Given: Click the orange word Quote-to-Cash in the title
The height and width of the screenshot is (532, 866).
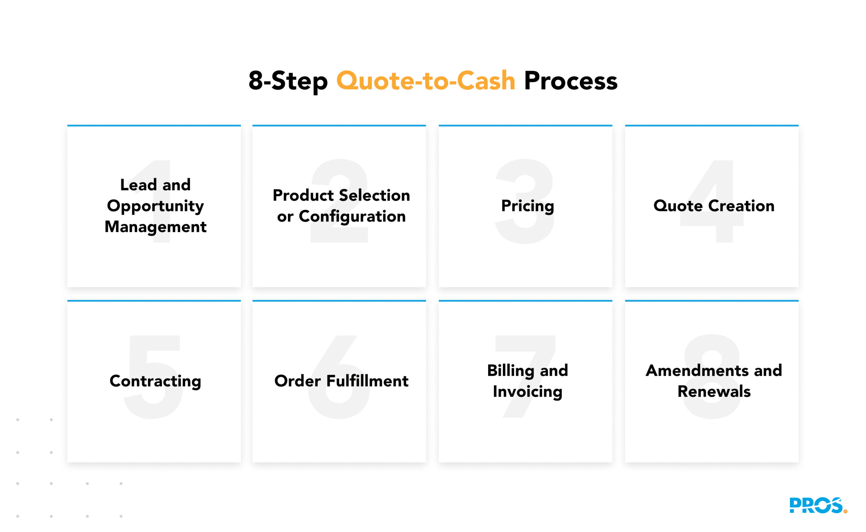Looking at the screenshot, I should click(426, 81).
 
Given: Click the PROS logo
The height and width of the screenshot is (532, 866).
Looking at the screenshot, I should click(817, 505).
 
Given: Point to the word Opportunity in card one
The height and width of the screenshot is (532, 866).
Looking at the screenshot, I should click(155, 206).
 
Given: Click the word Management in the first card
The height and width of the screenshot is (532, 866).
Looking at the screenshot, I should click(155, 227).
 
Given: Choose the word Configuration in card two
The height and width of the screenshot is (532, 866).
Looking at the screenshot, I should click(352, 217).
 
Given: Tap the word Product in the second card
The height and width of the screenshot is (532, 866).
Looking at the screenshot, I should click(303, 195).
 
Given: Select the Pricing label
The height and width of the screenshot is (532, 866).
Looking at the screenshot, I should click(527, 206).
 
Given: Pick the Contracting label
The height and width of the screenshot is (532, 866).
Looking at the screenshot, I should click(155, 381).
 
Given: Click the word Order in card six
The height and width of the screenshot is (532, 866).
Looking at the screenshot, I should click(297, 381).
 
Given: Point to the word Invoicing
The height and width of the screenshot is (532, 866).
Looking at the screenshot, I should click(527, 392).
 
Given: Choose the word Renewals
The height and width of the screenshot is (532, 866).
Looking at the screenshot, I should click(714, 392).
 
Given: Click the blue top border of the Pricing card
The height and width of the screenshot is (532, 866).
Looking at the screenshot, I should click(525, 125).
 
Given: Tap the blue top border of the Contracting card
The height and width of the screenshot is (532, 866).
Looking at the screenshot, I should click(154, 301).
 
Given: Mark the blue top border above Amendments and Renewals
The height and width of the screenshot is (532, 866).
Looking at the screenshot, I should click(711, 301).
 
